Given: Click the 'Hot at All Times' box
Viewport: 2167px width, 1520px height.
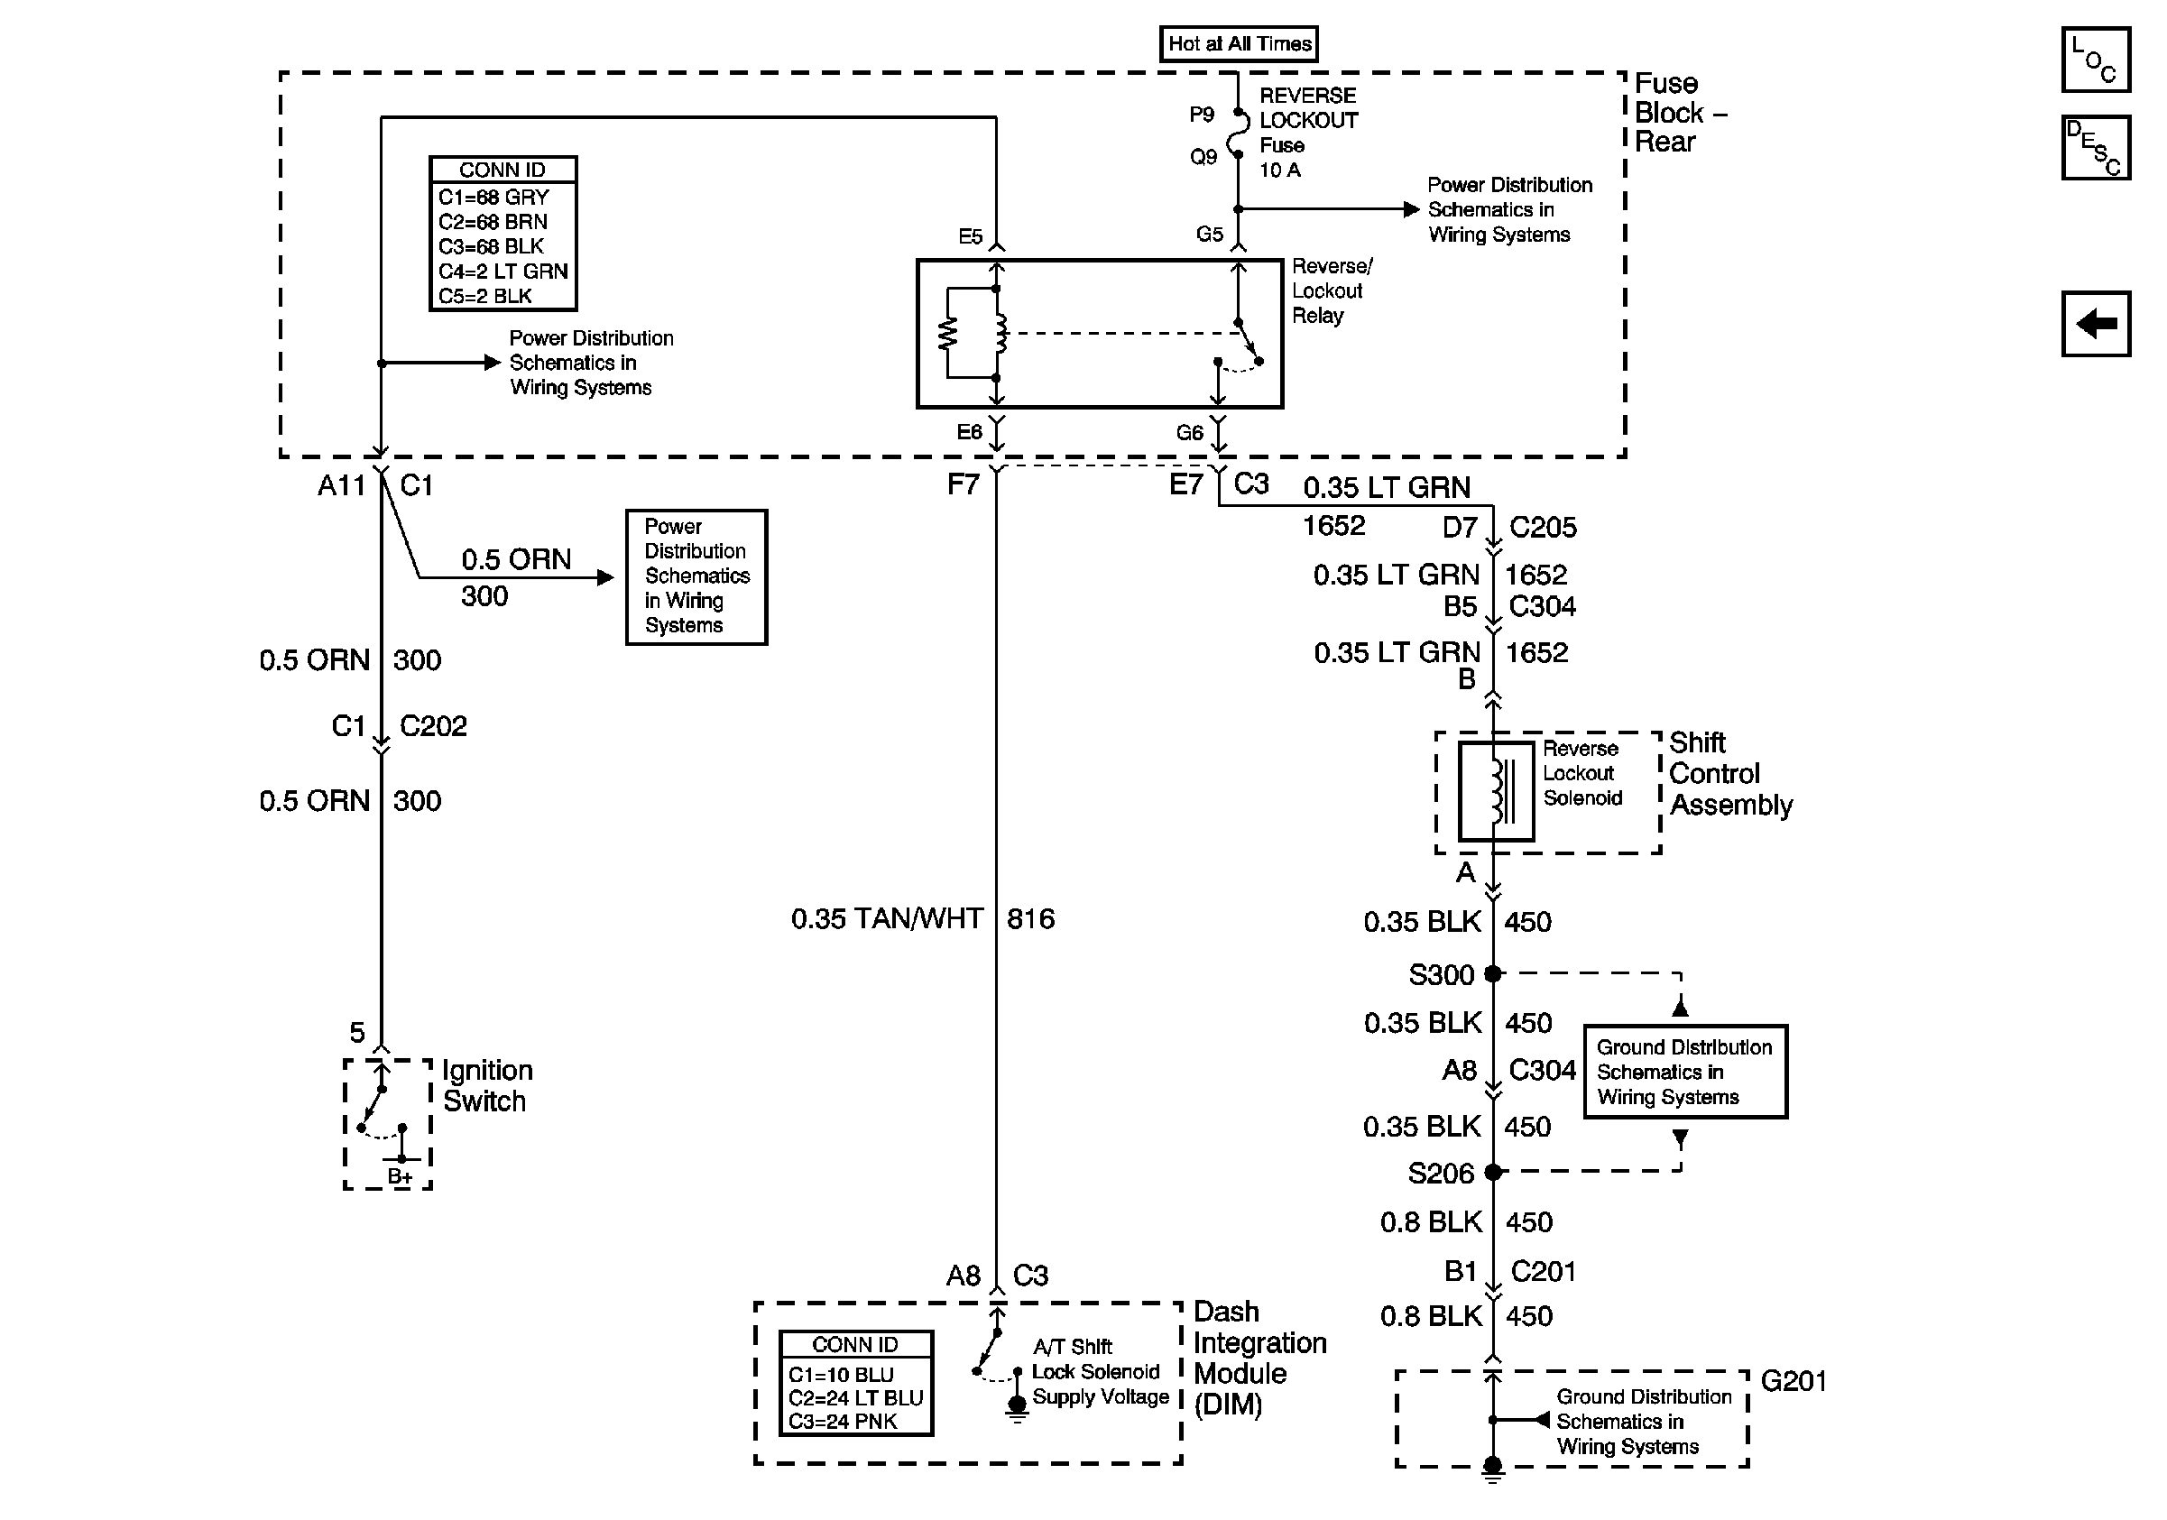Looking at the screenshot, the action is tap(1239, 43).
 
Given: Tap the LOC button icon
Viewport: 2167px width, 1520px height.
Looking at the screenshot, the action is tap(2095, 60).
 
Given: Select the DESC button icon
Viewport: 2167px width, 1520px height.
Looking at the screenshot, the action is tap(2095, 147).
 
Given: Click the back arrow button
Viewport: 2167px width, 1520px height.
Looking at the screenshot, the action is tap(2095, 324).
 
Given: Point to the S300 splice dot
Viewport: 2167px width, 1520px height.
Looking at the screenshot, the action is tap(1492, 972).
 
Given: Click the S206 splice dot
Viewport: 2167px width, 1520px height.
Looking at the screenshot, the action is tap(1492, 1172).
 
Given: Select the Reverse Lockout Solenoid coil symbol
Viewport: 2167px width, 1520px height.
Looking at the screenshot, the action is tap(1496, 790).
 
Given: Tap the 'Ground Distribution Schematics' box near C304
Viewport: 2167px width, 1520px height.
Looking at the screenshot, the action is tap(1684, 1072).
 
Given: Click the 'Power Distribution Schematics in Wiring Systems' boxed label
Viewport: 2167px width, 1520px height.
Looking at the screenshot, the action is tap(696, 576).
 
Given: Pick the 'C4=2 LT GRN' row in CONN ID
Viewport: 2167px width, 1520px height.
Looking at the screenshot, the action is tap(503, 272).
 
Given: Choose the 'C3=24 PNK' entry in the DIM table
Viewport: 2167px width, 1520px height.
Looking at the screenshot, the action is tap(843, 1421).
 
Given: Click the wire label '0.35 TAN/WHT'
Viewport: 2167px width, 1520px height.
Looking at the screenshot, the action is tap(887, 918).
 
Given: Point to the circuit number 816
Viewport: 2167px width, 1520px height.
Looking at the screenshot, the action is tap(1030, 918).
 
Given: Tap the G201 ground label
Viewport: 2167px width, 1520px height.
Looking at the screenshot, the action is tap(1794, 1381).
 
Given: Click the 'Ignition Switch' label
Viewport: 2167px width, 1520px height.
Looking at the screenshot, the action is tap(487, 1085).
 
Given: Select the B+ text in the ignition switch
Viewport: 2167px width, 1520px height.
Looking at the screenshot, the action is tap(401, 1176).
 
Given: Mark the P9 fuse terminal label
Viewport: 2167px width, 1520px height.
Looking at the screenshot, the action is tap(1202, 115).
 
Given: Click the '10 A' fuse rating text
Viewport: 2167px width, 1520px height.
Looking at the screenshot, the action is tap(1280, 170).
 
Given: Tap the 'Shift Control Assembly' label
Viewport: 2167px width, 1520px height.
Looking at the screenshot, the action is tap(1731, 774).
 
